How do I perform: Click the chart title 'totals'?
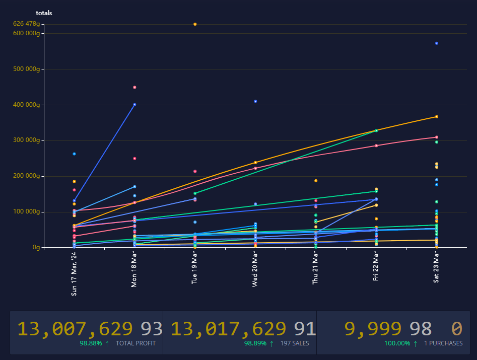pyautogui.click(x=44, y=13)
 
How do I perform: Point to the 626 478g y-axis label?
pyautogui.click(x=26, y=24)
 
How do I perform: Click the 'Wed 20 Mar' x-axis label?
pyautogui.click(x=255, y=270)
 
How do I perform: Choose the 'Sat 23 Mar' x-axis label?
pyautogui.click(x=437, y=268)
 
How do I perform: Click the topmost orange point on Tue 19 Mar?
pyautogui.click(x=195, y=24)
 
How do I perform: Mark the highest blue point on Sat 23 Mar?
pyautogui.click(x=437, y=43)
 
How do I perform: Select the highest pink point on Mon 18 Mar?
pyautogui.click(x=134, y=87)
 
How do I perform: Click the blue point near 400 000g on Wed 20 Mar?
pyautogui.click(x=255, y=101)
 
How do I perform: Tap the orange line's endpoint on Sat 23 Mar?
pyautogui.click(x=437, y=117)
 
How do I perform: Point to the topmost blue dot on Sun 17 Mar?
pyautogui.click(x=74, y=154)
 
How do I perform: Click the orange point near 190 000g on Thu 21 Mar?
pyautogui.click(x=316, y=181)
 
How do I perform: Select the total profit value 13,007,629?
pyautogui.click(x=76, y=329)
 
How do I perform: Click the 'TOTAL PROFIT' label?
pyautogui.click(x=135, y=343)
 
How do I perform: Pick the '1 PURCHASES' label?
pyautogui.click(x=443, y=343)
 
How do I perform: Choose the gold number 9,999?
pyautogui.click(x=373, y=329)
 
